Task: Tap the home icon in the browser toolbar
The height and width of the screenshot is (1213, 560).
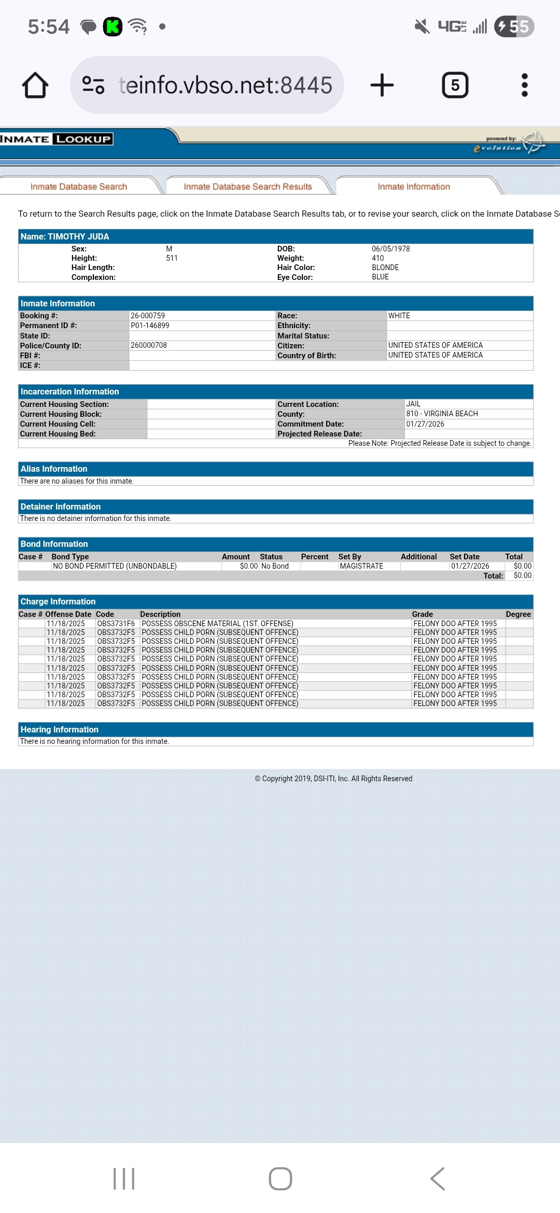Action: click(35, 85)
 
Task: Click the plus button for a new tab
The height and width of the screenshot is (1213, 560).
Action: click(382, 85)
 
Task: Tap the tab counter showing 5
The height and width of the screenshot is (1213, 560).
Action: click(455, 85)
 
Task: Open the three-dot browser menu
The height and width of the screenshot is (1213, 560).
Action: click(524, 85)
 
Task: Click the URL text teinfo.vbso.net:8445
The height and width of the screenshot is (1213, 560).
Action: click(226, 86)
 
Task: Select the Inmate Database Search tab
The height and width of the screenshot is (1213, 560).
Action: click(79, 187)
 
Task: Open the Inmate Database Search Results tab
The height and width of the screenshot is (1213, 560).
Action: click(248, 187)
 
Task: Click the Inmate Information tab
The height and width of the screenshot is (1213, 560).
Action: click(414, 187)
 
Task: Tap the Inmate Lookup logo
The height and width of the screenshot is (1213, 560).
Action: click(56, 139)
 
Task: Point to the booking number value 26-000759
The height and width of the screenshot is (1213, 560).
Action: click(148, 316)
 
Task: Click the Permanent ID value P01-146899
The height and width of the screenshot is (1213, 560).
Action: click(150, 326)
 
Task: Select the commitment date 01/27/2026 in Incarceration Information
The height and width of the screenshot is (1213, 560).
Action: click(425, 424)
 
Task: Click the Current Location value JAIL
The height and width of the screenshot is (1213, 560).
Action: click(413, 404)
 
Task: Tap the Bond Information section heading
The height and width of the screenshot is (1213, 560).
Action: click(54, 544)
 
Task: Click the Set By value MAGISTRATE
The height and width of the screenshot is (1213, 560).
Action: click(361, 566)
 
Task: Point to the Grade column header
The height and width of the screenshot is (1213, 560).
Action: click(423, 614)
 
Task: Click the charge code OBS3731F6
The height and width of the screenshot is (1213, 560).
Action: click(116, 624)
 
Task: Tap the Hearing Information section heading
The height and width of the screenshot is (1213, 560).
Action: click(60, 729)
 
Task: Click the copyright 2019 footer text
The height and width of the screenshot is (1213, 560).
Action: click(333, 779)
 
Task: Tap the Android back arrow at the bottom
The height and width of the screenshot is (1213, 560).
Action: click(438, 1179)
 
